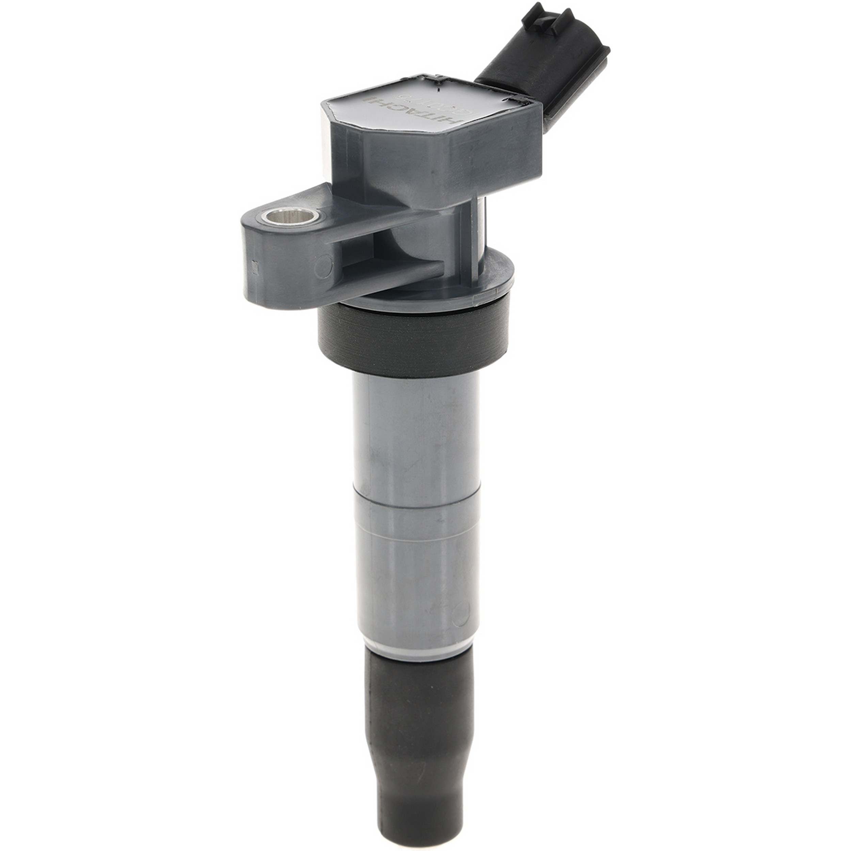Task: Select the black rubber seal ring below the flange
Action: pos(414,335)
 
